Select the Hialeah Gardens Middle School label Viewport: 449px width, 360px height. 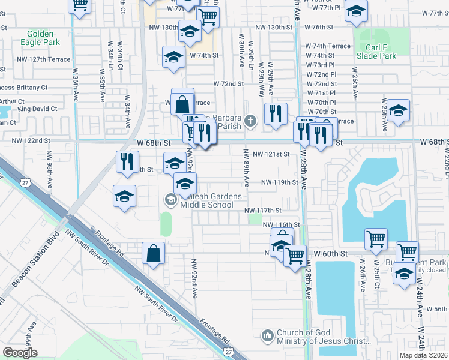[x=206, y=201]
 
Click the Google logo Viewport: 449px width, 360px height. [x=20, y=352]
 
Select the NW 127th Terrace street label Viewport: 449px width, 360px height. [x=44, y=59]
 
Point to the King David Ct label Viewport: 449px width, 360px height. [x=37, y=109]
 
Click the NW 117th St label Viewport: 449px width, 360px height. [x=263, y=210]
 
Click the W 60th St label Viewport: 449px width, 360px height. [x=334, y=254]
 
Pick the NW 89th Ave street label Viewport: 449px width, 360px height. [x=246, y=172]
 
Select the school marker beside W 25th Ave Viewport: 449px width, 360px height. [x=398, y=111]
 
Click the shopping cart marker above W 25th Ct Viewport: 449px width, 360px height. [x=376, y=239]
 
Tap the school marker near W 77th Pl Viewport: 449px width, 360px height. [x=357, y=11]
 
